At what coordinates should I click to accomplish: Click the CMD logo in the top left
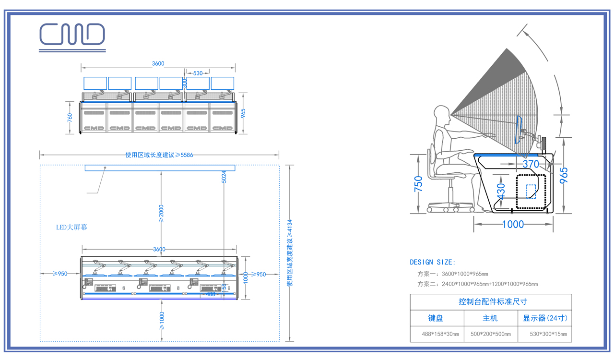coord(72,36)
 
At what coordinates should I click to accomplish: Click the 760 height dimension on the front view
coord(70,117)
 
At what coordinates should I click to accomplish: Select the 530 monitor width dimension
coord(198,73)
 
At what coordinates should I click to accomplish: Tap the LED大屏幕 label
coord(71,227)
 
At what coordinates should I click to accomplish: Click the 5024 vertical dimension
coord(224,177)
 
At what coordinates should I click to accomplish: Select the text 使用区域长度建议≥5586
coord(159,155)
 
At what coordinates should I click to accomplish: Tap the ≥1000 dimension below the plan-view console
coord(162,321)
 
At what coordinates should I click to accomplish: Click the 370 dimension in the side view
coord(531,164)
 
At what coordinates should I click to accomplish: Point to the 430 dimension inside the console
coord(501,191)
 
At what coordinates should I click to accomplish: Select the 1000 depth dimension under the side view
coord(512,224)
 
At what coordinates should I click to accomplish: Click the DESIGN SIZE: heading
coord(433,263)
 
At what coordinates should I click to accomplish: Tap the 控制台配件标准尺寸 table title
coord(491,302)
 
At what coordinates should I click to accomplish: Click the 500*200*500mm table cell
coord(490,334)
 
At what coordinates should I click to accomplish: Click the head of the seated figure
coord(441,116)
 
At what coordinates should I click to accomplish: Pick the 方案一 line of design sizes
coord(453,274)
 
